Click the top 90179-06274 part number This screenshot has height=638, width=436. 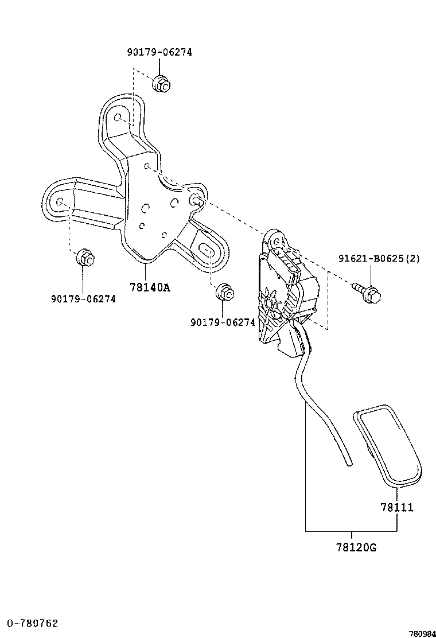[159, 52]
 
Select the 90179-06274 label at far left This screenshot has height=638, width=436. [83, 299]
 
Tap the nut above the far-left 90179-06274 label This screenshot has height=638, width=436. [84, 258]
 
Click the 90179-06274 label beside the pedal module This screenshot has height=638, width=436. [223, 322]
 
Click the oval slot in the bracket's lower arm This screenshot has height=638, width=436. [207, 250]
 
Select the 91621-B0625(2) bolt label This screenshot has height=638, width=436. [379, 259]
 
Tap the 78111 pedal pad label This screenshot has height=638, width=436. [396, 508]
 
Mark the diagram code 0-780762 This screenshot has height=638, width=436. [32, 623]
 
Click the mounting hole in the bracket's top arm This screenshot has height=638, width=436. [118, 118]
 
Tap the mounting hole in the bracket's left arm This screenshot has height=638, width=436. [61, 202]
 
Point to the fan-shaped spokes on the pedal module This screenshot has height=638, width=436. [268, 301]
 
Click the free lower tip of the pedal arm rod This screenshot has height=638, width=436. [348, 464]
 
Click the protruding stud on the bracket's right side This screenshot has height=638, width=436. [196, 200]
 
